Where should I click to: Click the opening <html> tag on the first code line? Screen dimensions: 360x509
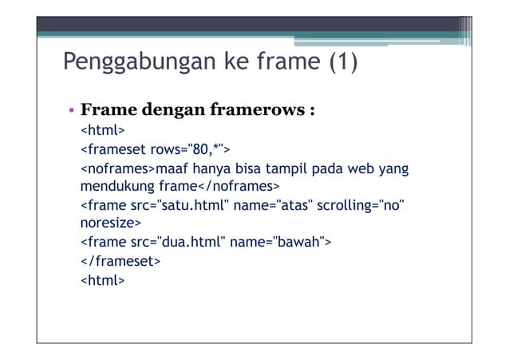pos(102,129)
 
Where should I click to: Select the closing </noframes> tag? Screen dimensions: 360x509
pos(239,187)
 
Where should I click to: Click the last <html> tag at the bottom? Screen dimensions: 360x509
pos(102,280)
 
